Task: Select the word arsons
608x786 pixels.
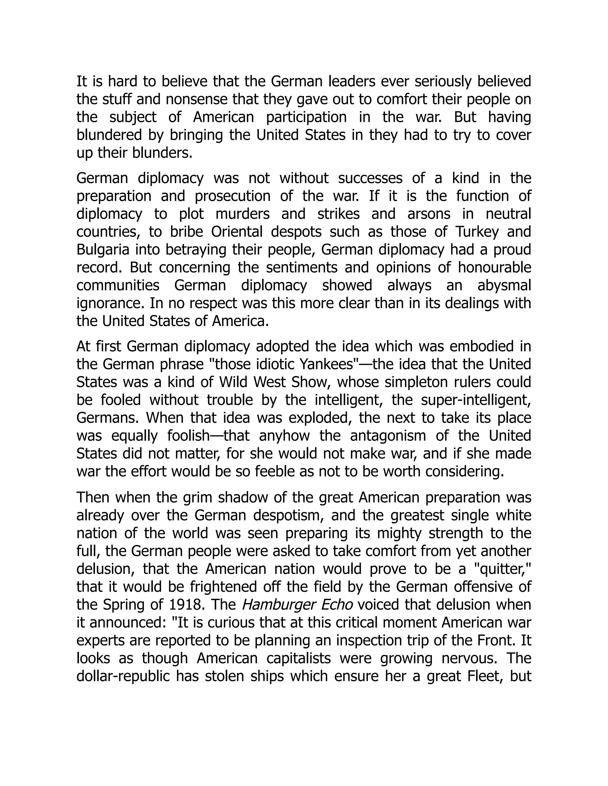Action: point(429,214)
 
